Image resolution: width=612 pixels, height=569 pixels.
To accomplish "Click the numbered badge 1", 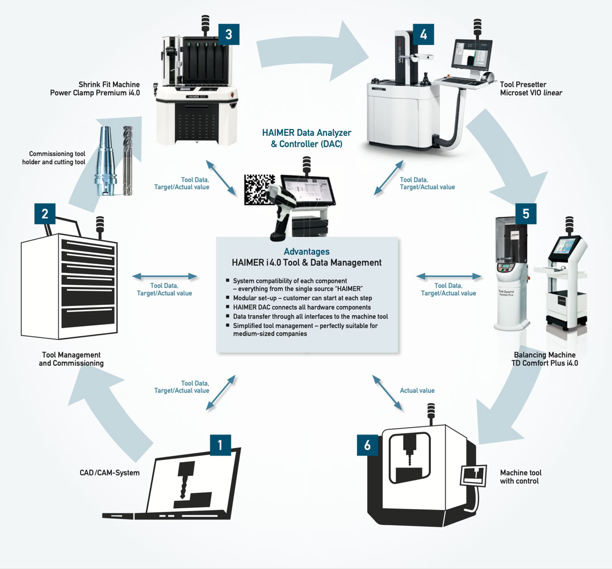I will coord(220,445).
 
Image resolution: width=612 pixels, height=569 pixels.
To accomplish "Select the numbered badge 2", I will coord(45,214).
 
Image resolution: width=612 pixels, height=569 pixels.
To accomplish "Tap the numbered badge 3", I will coord(228,34).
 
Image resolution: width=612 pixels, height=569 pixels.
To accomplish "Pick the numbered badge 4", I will coord(424,35).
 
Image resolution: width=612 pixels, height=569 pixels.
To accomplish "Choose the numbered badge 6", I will coord(367,445).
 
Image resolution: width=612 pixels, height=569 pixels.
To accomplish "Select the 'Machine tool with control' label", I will coord(521,476).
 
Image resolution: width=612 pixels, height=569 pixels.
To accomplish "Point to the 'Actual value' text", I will coord(417,390).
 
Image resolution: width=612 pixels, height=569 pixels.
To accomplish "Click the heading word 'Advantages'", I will coord(307,252).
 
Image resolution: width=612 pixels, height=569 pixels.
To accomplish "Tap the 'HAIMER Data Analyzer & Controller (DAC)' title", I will coord(307,138).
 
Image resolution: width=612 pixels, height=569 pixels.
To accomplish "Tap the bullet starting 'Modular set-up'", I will coord(299,298).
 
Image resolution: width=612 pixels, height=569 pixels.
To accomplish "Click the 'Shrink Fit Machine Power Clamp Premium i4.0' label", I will coord(102,89).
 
